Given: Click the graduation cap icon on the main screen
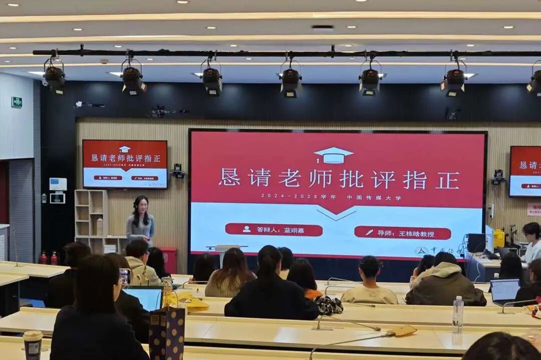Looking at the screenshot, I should tap(334, 155).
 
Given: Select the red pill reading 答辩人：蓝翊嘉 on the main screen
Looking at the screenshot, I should tap(274, 229).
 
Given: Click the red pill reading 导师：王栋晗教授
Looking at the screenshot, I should tap(402, 233).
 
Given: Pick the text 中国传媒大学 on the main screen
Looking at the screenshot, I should tap(374, 197).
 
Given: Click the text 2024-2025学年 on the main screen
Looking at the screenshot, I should tap(298, 196).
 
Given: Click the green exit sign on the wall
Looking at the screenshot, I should tap(17, 102).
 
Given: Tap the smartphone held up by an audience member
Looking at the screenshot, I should tap(125, 276).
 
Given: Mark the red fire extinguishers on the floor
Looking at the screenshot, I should tap(49, 258).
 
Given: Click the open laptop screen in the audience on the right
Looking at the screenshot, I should tap(504, 290).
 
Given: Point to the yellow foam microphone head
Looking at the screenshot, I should tap(405, 330).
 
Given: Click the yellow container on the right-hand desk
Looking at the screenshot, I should tap(499, 238).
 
